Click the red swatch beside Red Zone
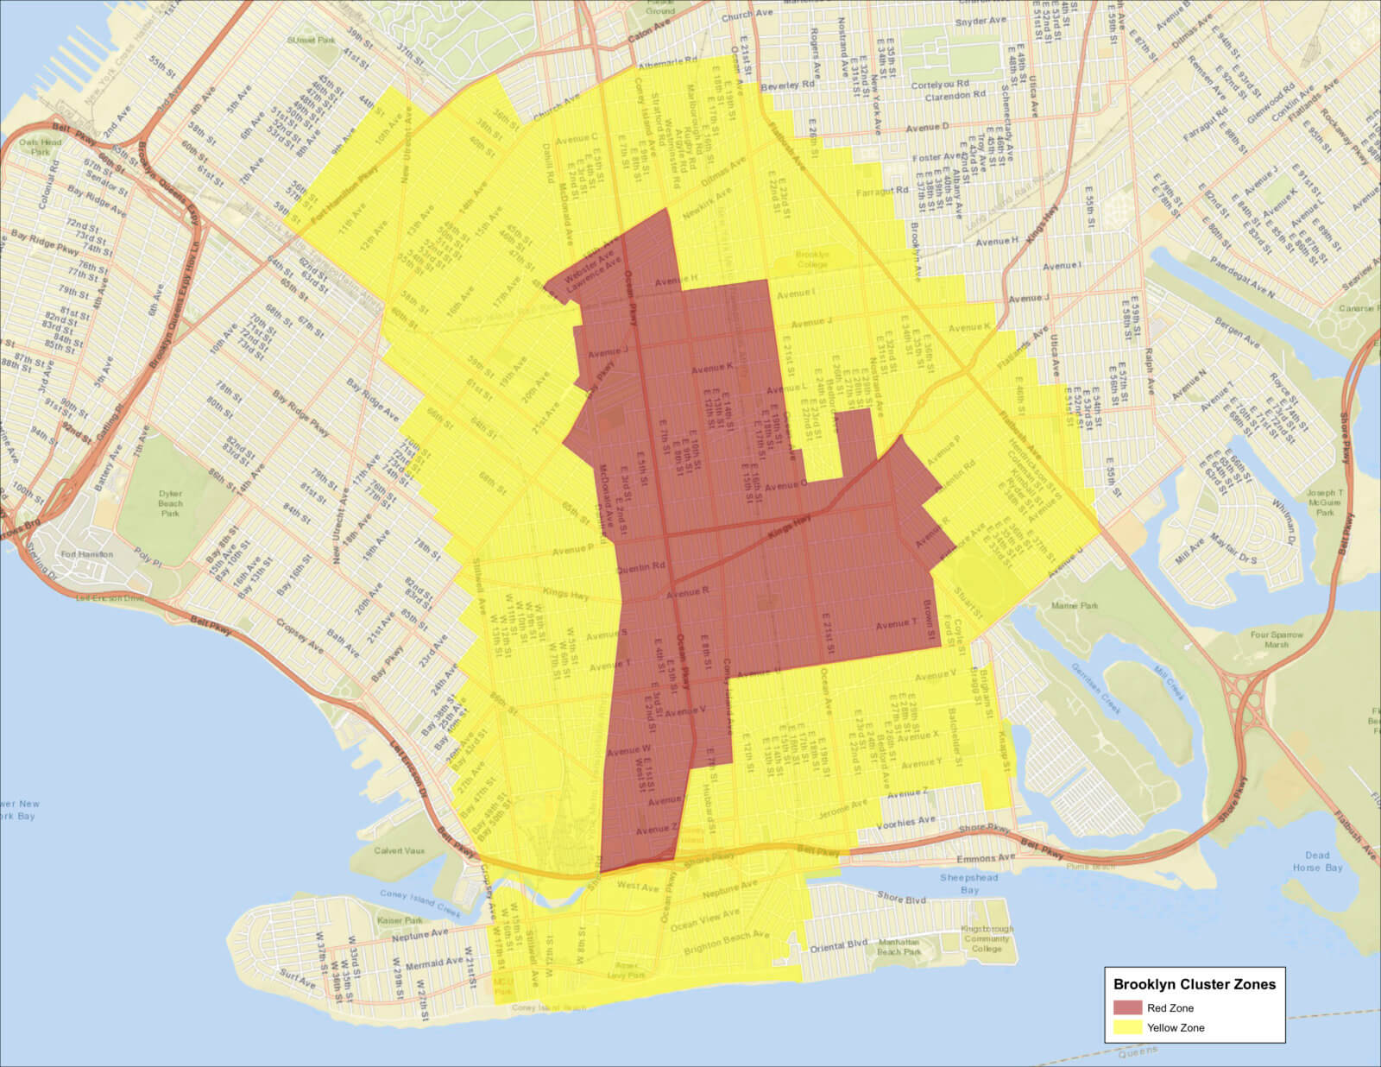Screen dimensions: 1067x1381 (x=1127, y=1007)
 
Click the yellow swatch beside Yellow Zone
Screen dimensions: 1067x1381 (x=1127, y=1027)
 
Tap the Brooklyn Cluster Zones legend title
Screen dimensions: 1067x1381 (x=1194, y=984)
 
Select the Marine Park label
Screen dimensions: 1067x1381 (x=1075, y=606)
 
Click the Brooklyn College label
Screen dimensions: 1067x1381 (x=811, y=260)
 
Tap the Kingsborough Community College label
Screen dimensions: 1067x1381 (x=986, y=938)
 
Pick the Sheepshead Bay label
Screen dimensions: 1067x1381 (x=968, y=883)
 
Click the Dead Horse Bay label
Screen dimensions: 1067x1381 (x=1317, y=862)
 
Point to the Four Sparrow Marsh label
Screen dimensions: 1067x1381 (x=1276, y=640)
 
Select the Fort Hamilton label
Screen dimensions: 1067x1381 (x=86, y=554)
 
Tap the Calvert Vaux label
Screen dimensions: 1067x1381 (x=400, y=850)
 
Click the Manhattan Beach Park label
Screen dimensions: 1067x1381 (x=899, y=946)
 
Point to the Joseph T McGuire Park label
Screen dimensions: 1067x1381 (x=1324, y=502)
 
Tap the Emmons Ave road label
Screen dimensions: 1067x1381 (x=986, y=859)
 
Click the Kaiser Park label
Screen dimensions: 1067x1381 (x=400, y=921)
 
